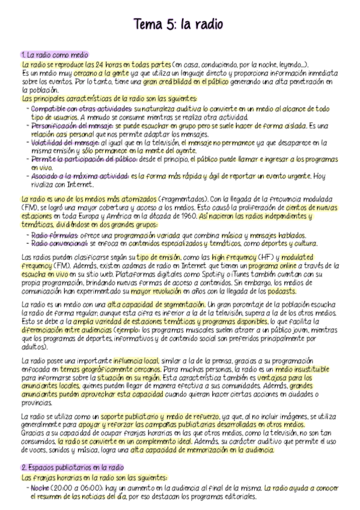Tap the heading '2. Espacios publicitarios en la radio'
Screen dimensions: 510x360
pos(72,467)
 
